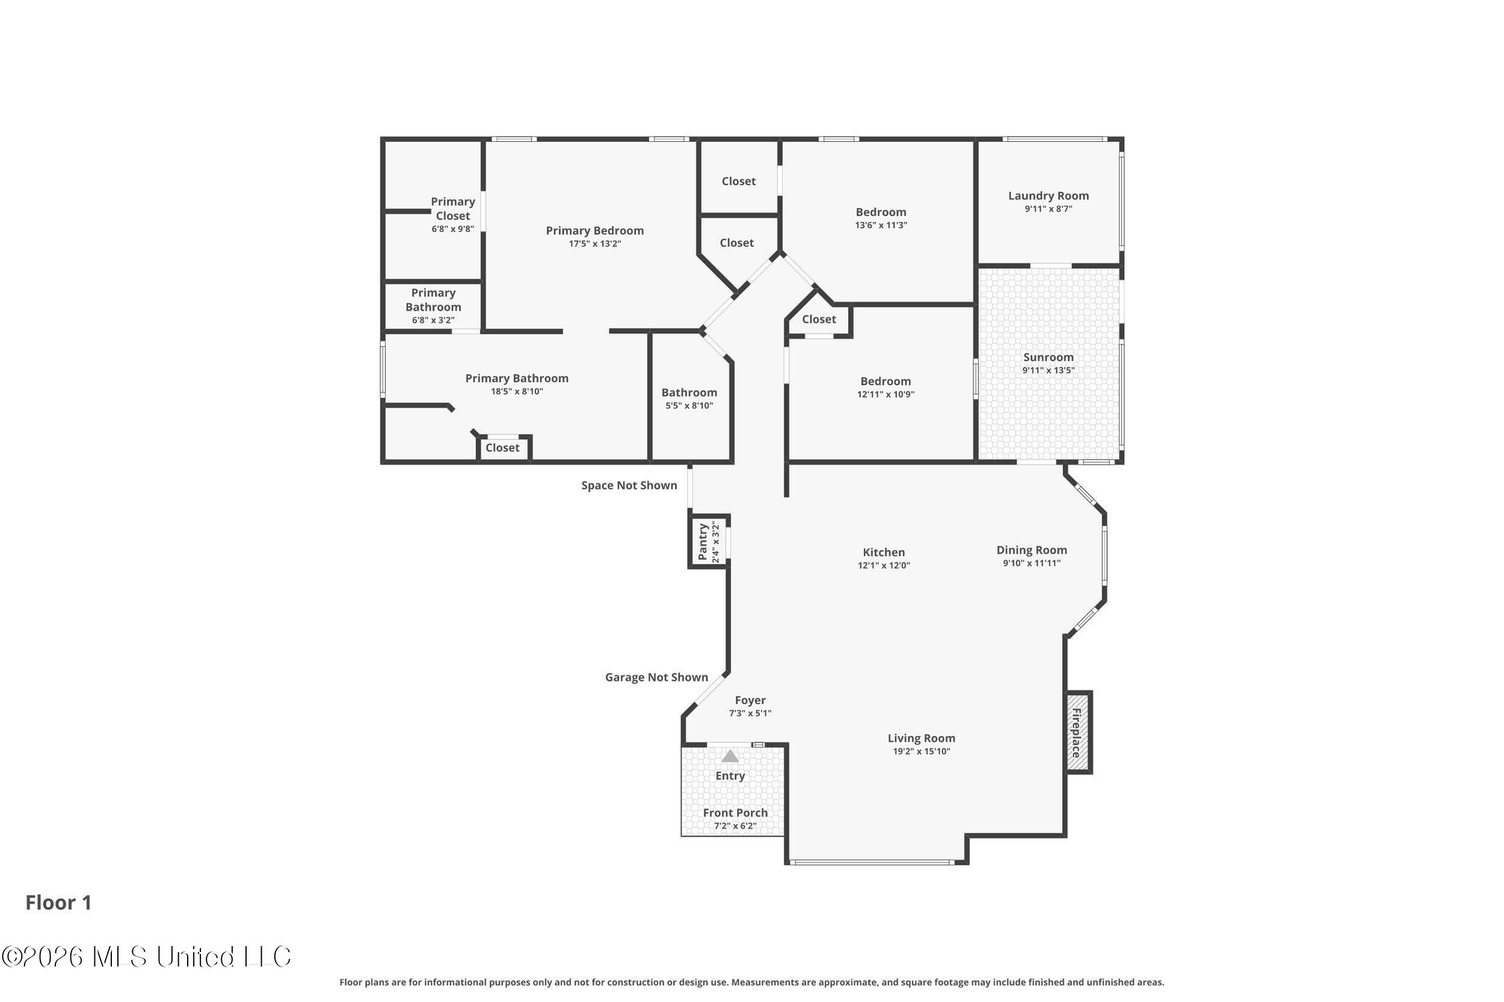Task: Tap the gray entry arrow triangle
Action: click(x=730, y=756)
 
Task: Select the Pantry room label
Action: click(x=703, y=542)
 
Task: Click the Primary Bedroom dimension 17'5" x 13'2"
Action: click(x=595, y=243)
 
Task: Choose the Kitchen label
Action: click(x=884, y=552)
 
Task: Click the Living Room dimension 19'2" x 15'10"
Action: click(x=922, y=751)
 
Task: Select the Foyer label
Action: click(x=750, y=700)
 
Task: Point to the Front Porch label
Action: click(x=735, y=812)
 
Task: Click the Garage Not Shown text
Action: click(x=657, y=677)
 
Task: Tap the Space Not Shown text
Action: click(x=629, y=485)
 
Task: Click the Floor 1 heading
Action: click(x=58, y=902)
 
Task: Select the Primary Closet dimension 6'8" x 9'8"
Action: click(x=453, y=229)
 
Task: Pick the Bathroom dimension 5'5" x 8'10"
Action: click(x=689, y=405)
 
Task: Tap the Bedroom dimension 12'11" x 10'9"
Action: click(x=886, y=394)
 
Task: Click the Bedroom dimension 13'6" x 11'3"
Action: click(x=881, y=225)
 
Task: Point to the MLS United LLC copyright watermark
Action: click(x=146, y=957)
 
